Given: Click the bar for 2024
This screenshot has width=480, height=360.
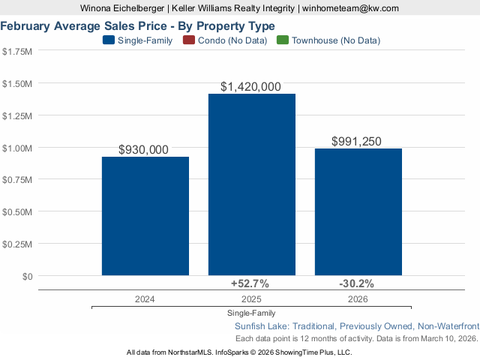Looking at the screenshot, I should (145, 216).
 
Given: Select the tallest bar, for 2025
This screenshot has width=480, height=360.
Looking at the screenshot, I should (251, 184).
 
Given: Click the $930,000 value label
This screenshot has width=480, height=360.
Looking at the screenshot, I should (144, 150).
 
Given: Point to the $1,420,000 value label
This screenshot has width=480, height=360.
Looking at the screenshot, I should (251, 87).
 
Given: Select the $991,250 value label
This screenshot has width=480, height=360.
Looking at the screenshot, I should (358, 142).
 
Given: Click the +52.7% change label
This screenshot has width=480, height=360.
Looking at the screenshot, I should (251, 283).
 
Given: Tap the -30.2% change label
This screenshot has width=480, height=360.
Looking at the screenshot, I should (357, 283).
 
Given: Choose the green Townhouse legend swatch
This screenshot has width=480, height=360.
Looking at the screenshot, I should (283, 40).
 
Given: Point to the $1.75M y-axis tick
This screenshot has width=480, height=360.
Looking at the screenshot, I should (17, 52).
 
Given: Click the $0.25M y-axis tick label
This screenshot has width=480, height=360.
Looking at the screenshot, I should (17, 244).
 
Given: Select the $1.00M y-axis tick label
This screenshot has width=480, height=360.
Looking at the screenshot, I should (17, 148).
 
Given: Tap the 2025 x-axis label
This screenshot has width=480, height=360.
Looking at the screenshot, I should (251, 298).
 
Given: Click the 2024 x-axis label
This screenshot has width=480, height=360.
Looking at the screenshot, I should (145, 298).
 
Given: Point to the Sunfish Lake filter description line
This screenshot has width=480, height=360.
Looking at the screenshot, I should (356, 326).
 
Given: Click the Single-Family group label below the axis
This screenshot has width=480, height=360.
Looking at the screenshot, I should (251, 313).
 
